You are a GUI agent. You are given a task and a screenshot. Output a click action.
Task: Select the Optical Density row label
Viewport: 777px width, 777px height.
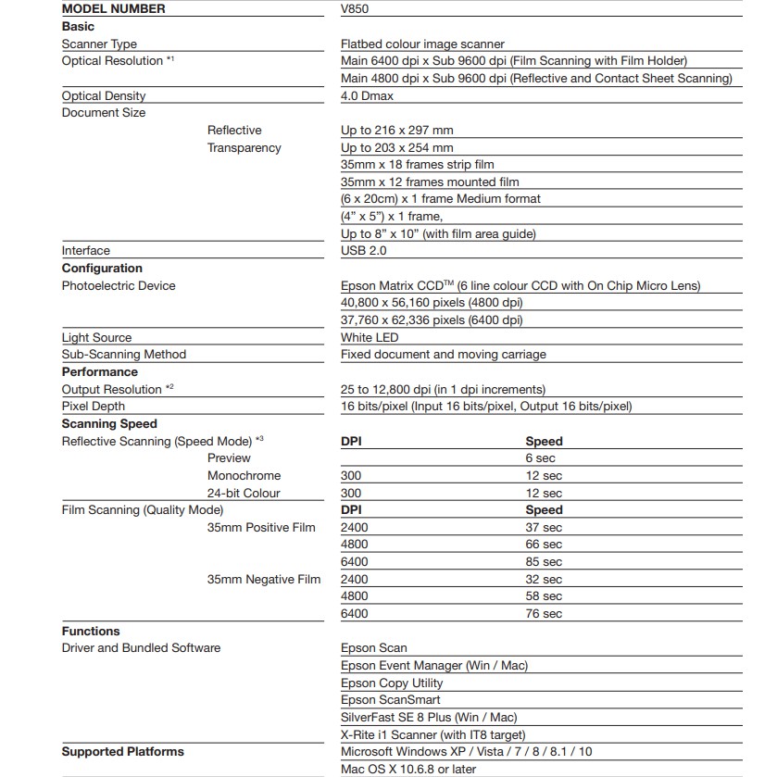point(104,95)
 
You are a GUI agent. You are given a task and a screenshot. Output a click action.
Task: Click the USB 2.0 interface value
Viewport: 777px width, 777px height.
point(364,250)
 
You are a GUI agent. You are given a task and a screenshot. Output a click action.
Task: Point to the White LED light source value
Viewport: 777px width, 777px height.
point(370,337)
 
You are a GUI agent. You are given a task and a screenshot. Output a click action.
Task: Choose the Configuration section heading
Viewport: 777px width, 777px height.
point(102,268)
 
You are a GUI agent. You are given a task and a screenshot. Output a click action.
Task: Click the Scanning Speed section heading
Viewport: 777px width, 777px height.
point(109,423)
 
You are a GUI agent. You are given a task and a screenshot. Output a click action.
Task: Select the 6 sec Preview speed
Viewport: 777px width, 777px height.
point(541,458)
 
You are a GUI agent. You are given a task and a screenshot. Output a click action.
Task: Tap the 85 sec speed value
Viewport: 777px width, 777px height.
point(544,562)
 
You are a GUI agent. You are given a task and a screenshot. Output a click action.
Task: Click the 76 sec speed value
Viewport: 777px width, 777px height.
point(544,614)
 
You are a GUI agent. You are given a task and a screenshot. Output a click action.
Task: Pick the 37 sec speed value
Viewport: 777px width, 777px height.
point(544,528)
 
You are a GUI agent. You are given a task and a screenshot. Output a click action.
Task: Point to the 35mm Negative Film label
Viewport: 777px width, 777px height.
point(264,580)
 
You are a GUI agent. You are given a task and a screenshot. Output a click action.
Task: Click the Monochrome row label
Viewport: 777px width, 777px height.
point(244,475)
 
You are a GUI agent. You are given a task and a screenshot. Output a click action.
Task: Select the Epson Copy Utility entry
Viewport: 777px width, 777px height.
point(392,683)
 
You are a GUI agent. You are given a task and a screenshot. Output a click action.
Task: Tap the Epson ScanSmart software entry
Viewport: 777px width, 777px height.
point(390,700)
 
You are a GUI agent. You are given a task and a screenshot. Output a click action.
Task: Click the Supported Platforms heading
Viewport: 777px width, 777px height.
point(123,751)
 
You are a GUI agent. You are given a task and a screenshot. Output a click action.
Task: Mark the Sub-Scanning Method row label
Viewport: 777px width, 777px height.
point(124,354)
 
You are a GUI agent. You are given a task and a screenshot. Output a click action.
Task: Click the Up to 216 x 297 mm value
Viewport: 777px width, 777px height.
point(397,131)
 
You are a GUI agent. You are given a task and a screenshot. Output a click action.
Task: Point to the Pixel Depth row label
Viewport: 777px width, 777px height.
point(94,406)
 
